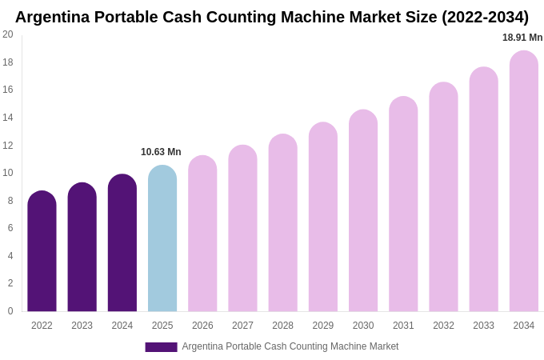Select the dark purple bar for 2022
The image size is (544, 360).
point(42,251)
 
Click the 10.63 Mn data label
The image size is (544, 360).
point(161,152)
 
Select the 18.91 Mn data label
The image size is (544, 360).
point(522,38)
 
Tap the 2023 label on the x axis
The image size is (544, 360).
point(82,326)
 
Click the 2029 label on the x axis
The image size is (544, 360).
point(323,326)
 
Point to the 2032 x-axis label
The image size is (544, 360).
point(443,326)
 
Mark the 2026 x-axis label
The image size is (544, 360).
point(202,326)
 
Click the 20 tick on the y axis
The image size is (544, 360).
point(8,34)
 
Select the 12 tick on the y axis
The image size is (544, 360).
point(8,145)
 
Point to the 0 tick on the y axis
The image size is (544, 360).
point(10,311)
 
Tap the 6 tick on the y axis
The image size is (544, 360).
point(10,228)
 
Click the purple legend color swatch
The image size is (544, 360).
point(161,347)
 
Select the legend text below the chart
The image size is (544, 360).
point(290,346)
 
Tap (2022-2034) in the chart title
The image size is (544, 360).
point(485,17)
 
